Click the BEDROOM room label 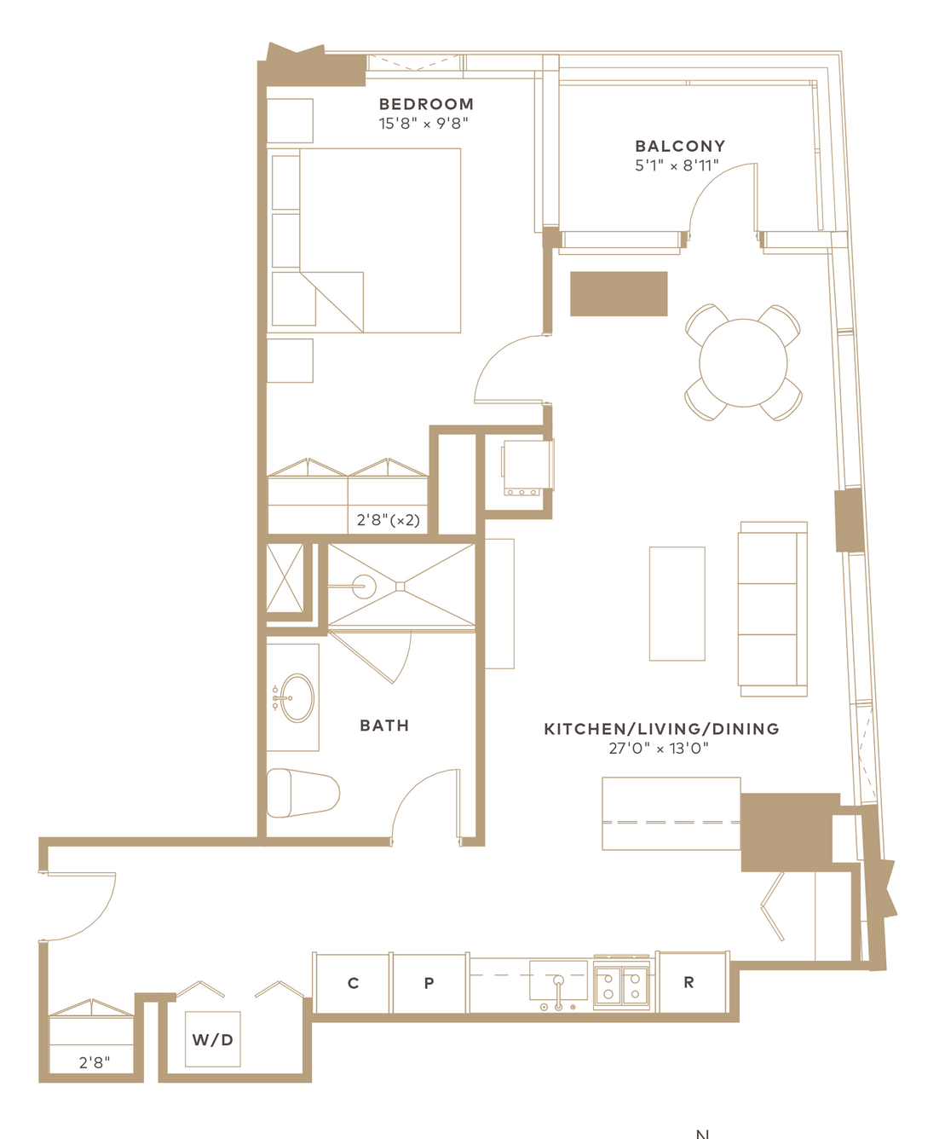click(426, 104)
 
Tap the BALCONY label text click(680, 146)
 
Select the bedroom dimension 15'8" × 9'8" click(424, 124)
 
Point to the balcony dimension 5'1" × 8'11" click(677, 165)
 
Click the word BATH click(384, 726)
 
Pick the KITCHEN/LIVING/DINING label click(661, 729)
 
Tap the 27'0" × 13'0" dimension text click(658, 749)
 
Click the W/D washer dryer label click(213, 1040)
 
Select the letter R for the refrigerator click(689, 982)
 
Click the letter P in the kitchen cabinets click(429, 983)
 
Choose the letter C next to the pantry click(354, 983)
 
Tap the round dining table click(743, 362)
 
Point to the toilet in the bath click(303, 793)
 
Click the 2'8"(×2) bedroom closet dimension click(389, 520)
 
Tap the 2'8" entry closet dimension click(95, 1062)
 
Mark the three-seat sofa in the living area click(773, 609)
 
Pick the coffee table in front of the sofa click(677, 604)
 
